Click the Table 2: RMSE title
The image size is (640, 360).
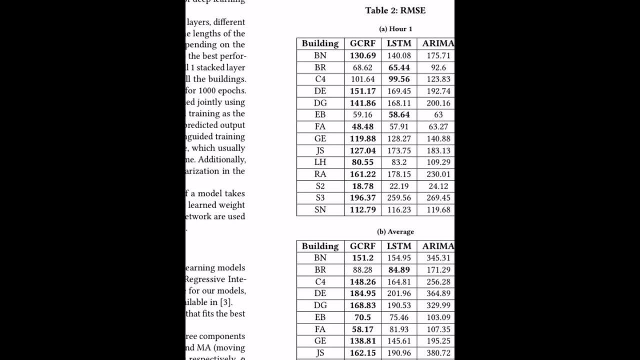point(395,10)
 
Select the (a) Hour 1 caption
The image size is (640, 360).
point(395,29)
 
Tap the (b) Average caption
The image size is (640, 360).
point(395,231)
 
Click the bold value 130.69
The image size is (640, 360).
point(362,55)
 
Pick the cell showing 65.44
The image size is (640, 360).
point(398,67)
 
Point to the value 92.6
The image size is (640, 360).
point(438,67)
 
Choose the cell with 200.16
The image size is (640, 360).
point(438,103)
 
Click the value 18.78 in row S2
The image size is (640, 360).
point(362,186)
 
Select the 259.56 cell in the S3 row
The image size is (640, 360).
point(398,198)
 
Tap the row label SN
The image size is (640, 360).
point(320,210)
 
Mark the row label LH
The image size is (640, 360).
point(320,162)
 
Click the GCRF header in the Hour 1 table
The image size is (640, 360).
point(362,43)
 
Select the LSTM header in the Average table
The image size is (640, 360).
point(398,246)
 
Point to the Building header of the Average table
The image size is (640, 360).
point(320,246)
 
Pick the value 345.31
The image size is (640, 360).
point(438,258)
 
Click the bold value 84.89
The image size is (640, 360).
point(398,270)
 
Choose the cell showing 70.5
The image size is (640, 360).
point(362,317)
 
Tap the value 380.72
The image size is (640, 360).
point(438,353)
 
